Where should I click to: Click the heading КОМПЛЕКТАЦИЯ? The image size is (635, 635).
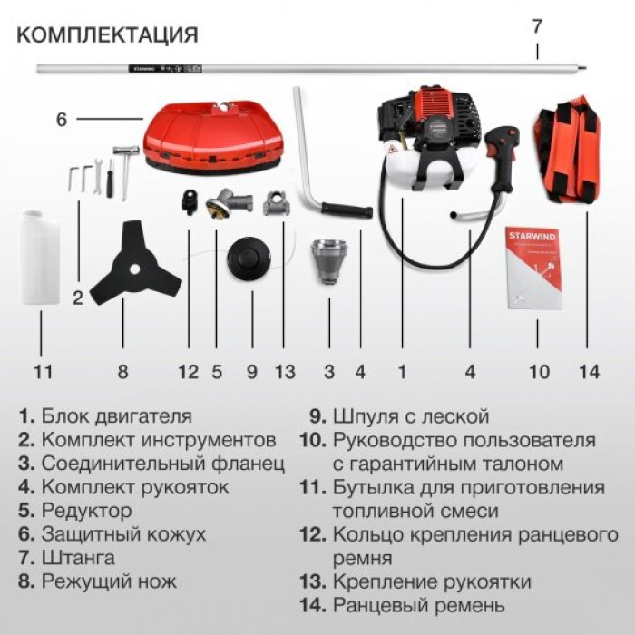click(x=107, y=34)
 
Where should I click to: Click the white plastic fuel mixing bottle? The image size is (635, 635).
click(x=40, y=257)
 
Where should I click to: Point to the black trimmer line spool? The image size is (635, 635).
click(x=249, y=259)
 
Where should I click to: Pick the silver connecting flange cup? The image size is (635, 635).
click(x=329, y=261)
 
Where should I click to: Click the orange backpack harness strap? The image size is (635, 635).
click(x=569, y=150)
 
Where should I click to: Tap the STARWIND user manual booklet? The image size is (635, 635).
click(x=534, y=269)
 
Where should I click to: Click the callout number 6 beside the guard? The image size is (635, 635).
click(x=61, y=120)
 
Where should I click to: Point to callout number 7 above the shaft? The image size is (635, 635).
click(x=537, y=26)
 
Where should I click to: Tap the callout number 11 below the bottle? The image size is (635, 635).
click(x=42, y=372)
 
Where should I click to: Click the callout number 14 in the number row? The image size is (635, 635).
click(x=589, y=372)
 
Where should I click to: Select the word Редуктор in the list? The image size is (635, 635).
click(x=86, y=511)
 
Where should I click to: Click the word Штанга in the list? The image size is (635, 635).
click(x=78, y=558)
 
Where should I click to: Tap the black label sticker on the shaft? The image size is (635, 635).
click(x=165, y=69)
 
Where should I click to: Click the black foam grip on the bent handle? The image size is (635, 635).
click(x=347, y=210)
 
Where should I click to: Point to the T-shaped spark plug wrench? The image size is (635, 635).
click(x=125, y=171)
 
